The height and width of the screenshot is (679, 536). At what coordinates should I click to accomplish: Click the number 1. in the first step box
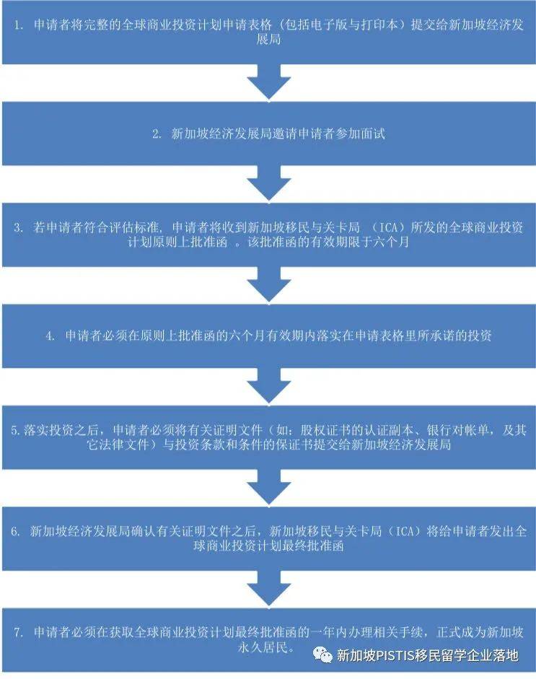(19, 26)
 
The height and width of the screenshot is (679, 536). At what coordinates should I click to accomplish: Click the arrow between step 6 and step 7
(268, 592)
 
